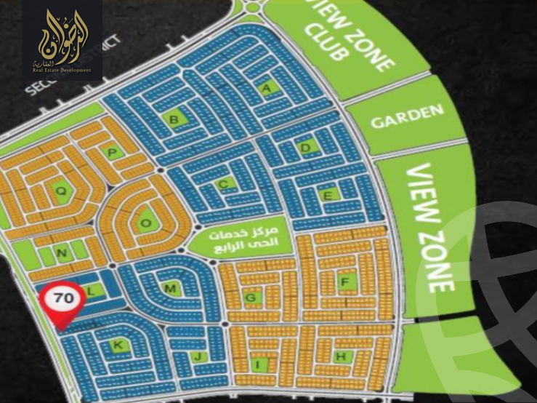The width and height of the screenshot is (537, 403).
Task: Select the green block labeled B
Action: tap(174, 119)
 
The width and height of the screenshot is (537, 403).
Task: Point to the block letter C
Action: tap(225, 183)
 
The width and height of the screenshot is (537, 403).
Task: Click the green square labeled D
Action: tap(307, 148)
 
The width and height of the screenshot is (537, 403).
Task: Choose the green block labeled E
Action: tap(328, 195)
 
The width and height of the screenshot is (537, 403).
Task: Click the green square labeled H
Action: tap(340, 356)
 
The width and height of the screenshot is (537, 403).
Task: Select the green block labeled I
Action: tap(257, 363)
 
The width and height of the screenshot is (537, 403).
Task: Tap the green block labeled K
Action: tap(118, 345)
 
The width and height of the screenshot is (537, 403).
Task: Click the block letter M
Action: tap(170, 289)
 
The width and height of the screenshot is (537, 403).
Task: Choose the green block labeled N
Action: tap(62, 253)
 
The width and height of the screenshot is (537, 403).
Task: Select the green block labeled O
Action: tap(145, 223)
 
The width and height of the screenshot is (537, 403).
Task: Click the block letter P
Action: tap(112, 152)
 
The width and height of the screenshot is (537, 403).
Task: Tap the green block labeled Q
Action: tap(62, 191)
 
